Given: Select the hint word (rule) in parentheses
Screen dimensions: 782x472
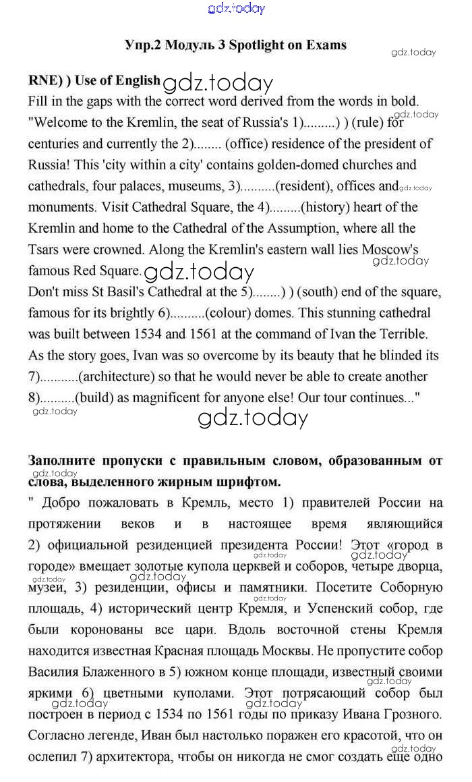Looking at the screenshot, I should (x=368, y=123).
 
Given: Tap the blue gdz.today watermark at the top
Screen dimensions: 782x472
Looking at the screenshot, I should (x=236, y=8).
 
